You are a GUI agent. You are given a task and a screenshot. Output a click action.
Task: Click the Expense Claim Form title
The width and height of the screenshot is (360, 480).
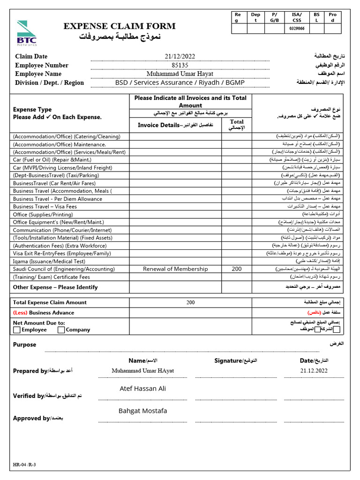pos(120,26)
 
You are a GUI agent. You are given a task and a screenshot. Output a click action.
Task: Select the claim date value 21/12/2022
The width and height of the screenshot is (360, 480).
pos(180,57)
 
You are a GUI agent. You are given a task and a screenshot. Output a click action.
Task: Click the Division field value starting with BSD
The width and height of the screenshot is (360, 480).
pos(180,82)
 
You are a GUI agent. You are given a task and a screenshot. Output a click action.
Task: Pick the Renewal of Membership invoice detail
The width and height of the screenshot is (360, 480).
pos(175,269)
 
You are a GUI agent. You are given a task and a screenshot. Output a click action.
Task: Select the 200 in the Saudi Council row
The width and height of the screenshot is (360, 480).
pos(237,269)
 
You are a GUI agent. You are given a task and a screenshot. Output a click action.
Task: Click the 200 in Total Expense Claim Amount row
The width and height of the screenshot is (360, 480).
pos(190,302)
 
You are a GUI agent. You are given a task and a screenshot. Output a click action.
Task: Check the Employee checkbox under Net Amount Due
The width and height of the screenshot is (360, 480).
pos(17,330)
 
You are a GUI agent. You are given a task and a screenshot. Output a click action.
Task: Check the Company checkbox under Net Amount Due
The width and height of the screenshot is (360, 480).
pos(61,330)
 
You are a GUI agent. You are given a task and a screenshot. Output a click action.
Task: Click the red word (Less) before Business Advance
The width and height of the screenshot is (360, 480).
pos(20,313)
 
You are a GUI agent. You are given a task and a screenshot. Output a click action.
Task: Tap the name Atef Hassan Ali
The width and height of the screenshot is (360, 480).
pos(143,389)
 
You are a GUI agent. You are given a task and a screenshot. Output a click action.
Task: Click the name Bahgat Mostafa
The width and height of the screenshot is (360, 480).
pos(142,411)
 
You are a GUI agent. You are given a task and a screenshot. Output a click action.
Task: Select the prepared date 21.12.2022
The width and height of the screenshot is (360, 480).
pos(314,370)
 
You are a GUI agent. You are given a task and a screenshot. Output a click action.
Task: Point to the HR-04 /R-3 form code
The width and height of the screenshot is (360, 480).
pos(24,465)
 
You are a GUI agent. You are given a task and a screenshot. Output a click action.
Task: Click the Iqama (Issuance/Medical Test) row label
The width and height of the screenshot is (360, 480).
pos(49,261)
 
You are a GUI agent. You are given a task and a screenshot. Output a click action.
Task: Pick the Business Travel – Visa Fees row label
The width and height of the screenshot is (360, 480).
pos(45,207)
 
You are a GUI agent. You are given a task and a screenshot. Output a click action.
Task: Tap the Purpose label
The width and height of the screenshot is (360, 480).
pos(24,345)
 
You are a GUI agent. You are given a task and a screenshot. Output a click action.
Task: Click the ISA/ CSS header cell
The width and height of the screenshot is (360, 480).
pos(297,17)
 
